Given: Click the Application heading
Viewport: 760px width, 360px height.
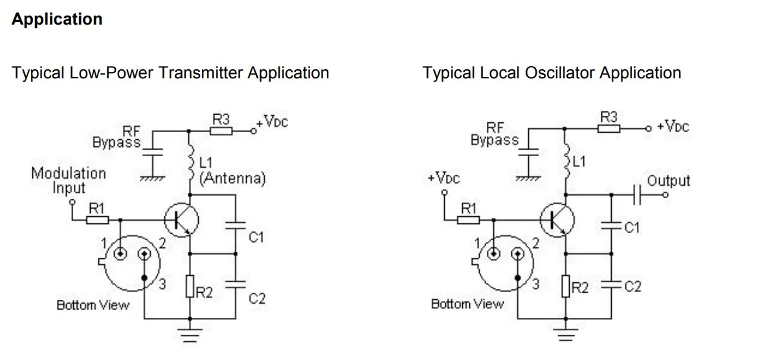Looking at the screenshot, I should click(x=57, y=19).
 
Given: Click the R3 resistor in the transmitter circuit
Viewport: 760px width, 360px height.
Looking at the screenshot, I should click(x=221, y=131).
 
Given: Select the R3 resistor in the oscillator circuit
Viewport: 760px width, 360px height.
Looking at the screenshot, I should click(x=609, y=129).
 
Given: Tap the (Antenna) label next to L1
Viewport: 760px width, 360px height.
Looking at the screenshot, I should click(x=232, y=179).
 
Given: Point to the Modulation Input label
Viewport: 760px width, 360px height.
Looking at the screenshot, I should click(x=69, y=181).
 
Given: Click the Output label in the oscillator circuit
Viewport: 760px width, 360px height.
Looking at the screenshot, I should click(x=668, y=181).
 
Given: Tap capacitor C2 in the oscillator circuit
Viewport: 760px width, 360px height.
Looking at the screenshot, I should click(x=610, y=286).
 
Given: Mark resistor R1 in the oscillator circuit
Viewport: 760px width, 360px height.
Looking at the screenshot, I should click(x=467, y=219).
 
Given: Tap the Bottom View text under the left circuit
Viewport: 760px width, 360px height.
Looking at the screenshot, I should click(x=93, y=305).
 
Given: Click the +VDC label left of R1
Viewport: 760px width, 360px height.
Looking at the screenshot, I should click(x=443, y=178).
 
